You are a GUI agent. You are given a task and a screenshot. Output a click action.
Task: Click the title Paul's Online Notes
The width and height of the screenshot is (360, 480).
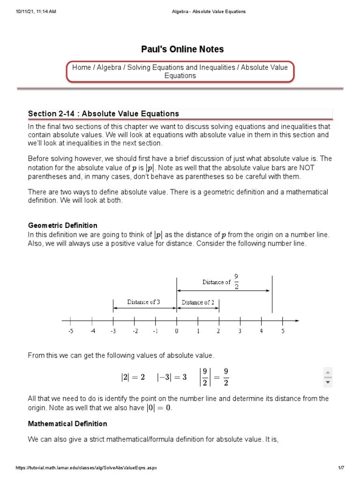point(182,49)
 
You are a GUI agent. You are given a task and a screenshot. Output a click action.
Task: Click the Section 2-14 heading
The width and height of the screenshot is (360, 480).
point(104,113)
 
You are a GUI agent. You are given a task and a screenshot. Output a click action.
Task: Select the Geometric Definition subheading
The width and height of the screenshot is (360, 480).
point(63,225)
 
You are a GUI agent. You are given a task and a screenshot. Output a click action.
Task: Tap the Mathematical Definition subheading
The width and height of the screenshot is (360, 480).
point(67,424)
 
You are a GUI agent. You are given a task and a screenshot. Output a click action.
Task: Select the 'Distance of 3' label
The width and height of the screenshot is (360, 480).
point(143,302)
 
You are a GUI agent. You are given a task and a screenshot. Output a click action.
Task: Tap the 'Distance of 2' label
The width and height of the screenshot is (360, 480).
point(198,302)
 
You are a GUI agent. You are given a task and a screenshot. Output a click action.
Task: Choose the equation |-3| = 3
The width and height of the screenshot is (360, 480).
point(172,377)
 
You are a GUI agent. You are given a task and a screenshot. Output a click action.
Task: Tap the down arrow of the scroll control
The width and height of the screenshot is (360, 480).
point(328,382)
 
